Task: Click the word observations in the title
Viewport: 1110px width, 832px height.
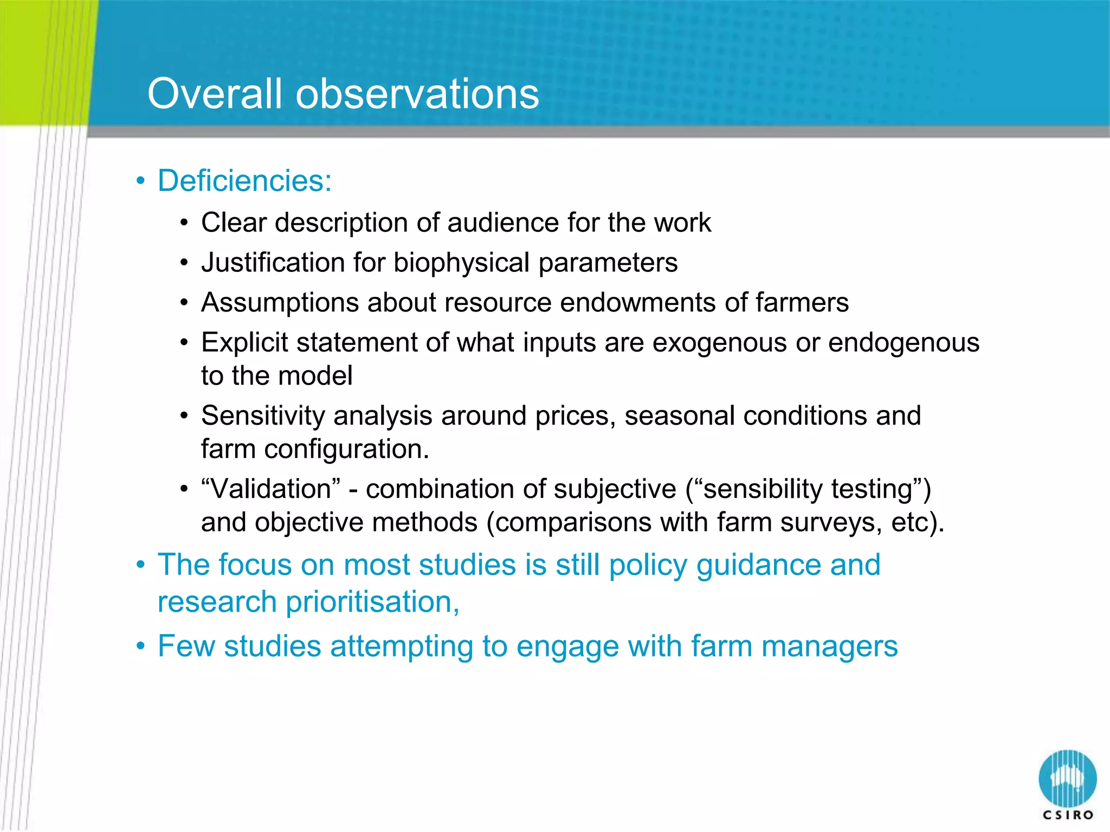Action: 417,93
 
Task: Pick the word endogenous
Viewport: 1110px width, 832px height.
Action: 904,343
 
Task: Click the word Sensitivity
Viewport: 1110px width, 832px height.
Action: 262,416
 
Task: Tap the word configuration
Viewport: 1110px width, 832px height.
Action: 346,449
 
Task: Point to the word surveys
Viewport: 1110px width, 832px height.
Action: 831,523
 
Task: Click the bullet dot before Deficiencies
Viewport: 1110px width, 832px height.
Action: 141,181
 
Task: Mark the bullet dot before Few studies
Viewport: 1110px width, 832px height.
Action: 141,647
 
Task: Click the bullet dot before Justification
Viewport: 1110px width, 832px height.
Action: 184,263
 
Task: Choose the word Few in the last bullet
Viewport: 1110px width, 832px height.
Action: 186,646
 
